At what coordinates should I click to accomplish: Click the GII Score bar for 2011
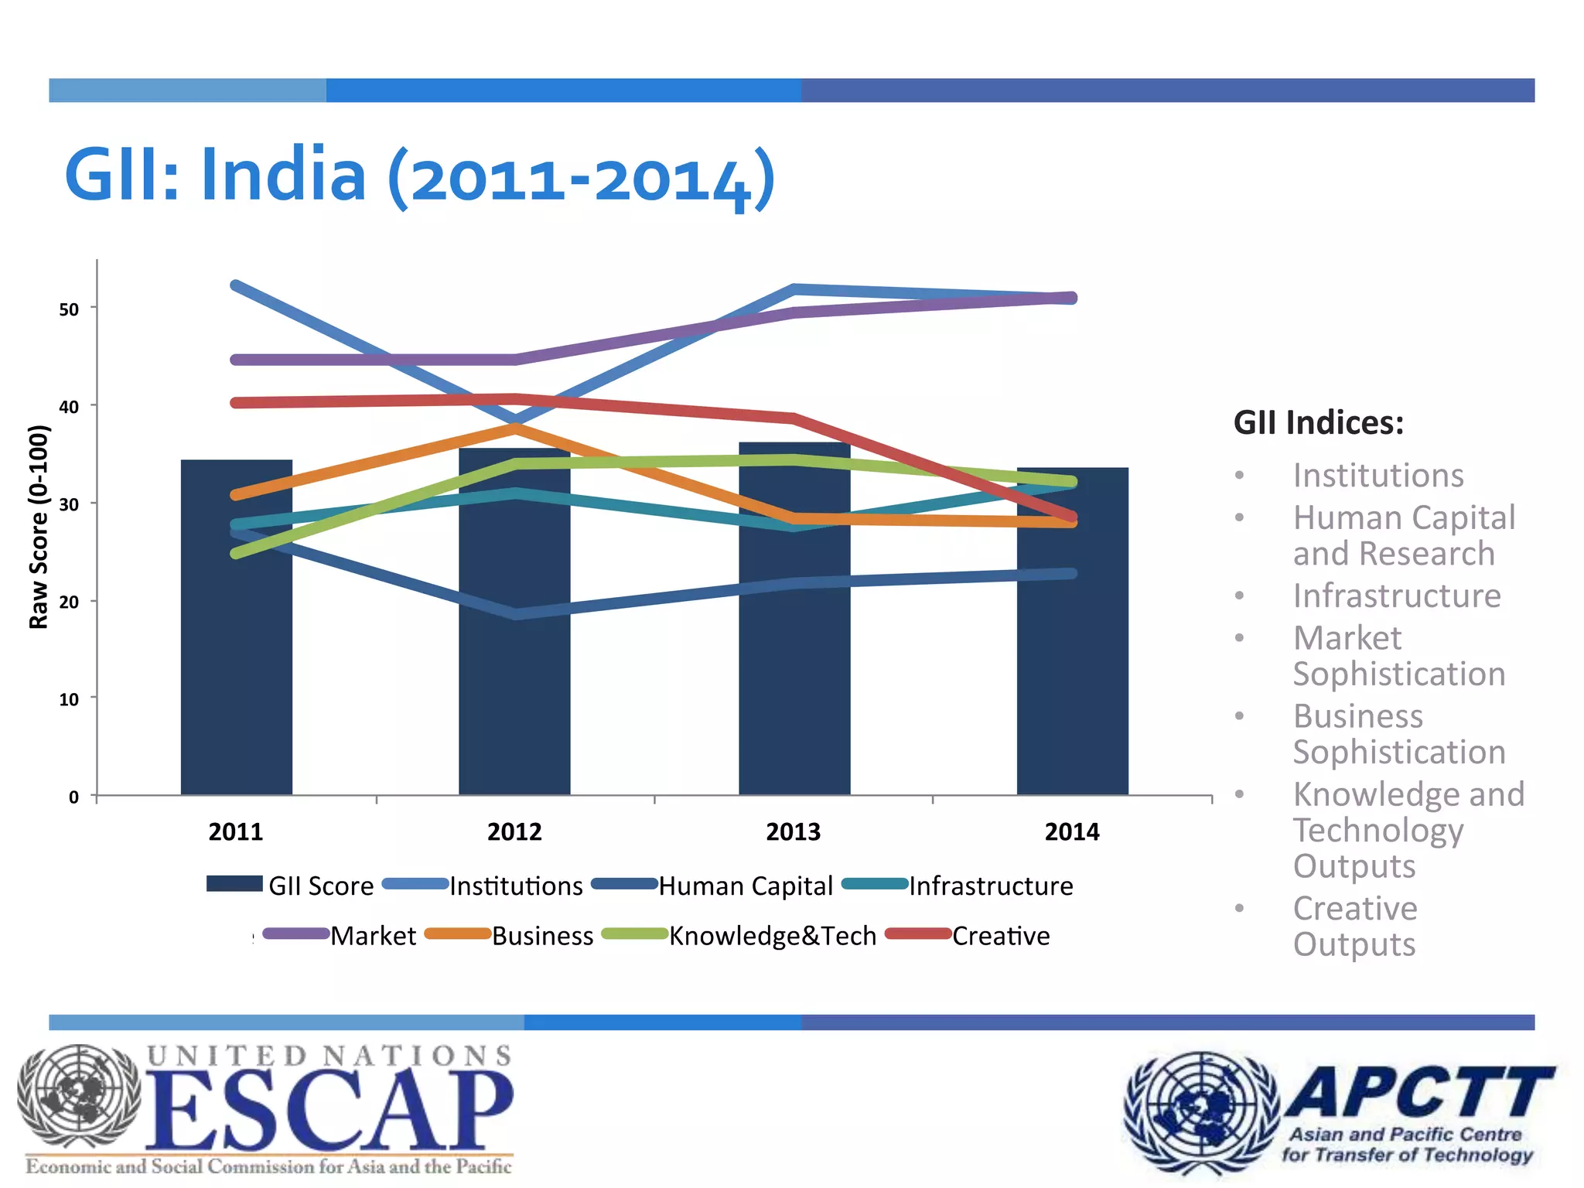(236, 657)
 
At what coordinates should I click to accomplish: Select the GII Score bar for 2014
(1072, 673)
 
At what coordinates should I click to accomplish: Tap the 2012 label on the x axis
(514, 832)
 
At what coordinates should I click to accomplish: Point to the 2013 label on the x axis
(793, 832)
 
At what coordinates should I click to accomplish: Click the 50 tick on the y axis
(70, 309)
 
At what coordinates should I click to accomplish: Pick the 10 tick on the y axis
(70, 700)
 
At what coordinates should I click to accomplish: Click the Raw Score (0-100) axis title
(39, 527)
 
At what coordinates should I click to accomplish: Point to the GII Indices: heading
(1318, 423)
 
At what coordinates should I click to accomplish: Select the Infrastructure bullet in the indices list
(1397, 596)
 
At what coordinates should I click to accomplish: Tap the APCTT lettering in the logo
(1419, 1092)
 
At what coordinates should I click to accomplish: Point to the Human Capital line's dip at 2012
(516, 614)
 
